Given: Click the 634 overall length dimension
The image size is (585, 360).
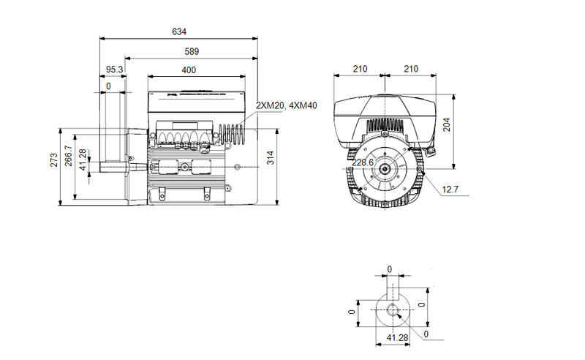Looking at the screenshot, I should point(179,31).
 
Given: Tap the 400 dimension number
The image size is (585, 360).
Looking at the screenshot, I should point(189,70).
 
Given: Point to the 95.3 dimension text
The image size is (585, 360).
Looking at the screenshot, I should point(114,70).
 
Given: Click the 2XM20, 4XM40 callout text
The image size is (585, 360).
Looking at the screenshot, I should point(287,106).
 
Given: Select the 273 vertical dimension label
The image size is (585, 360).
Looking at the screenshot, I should point(54,161).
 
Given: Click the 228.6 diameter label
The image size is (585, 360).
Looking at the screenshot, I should point(363,162).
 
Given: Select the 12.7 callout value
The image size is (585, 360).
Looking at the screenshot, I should point(450,190).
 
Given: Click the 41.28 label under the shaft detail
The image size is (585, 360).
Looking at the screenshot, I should point(396,338).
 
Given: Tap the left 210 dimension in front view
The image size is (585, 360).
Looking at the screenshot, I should point(360,70).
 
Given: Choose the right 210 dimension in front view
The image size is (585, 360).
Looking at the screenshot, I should point(411,70).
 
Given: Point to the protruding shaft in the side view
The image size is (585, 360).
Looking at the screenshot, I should point(114,166).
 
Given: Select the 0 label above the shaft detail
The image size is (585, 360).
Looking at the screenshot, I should point(389,269).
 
